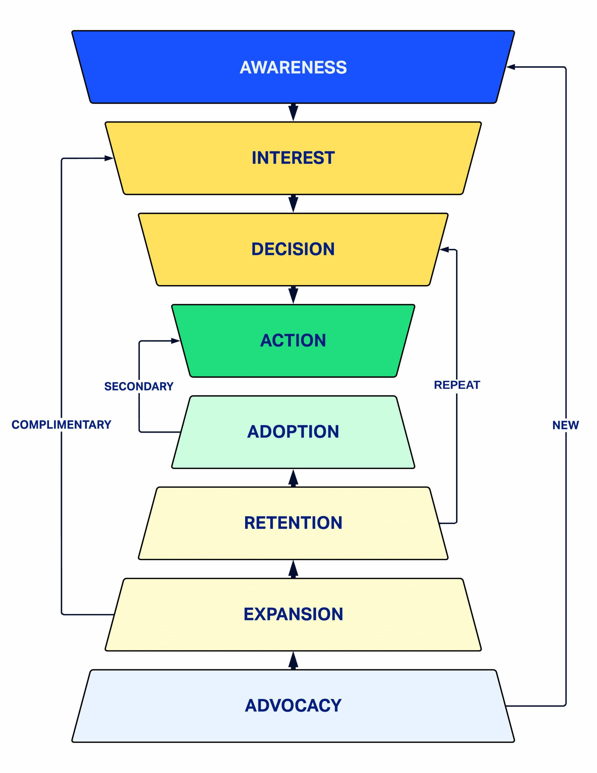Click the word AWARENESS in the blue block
[293, 67]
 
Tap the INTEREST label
[293, 158]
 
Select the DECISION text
[293, 249]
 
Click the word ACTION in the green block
[293, 341]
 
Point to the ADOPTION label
[293, 432]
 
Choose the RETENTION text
[293, 523]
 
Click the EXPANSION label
[293, 614]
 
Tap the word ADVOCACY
[293, 705]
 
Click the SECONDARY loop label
[139, 386]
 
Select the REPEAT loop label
[457, 385]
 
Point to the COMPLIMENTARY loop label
[61, 425]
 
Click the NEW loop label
[566, 425]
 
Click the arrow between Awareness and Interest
[293, 113]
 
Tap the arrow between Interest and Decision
[293, 204]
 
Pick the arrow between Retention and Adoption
[293, 478]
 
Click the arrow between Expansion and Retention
[293, 569]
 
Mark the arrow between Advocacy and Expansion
[293, 660]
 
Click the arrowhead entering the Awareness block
[510, 67]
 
